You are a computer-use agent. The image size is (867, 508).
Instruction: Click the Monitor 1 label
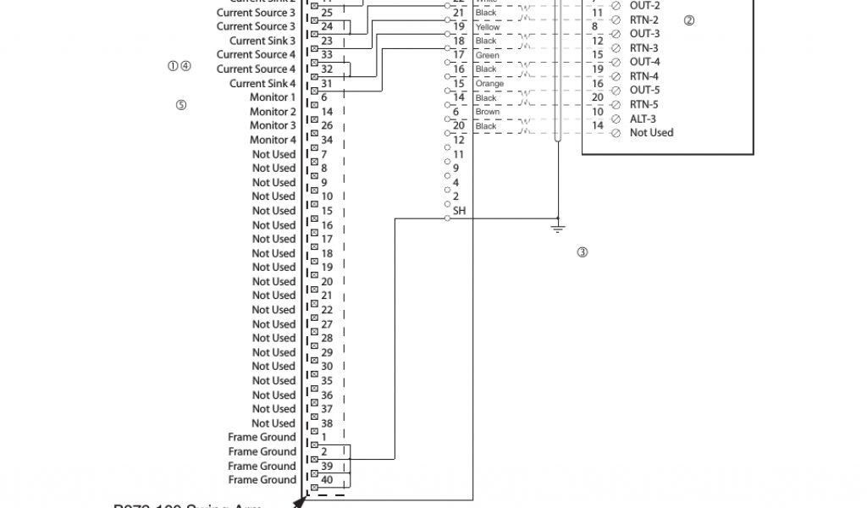point(273,97)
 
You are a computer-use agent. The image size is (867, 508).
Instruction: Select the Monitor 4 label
point(273,140)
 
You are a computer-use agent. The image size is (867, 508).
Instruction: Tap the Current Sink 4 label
point(262,84)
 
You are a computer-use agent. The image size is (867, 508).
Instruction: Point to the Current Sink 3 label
point(262,41)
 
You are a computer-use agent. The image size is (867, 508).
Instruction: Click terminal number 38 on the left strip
point(327,423)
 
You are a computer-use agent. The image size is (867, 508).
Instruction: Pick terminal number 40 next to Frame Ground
point(327,480)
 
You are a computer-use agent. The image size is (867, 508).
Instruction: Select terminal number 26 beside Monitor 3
point(327,125)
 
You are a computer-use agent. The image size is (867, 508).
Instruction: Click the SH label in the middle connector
point(459,211)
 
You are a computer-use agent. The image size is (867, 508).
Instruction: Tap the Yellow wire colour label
point(488,27)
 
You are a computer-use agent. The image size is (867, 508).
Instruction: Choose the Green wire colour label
point(487,56)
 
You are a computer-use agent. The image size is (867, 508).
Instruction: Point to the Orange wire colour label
point(489,84)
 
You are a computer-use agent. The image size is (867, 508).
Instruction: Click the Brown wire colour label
point(488,112)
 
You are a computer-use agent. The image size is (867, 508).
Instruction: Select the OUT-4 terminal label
point(644,62)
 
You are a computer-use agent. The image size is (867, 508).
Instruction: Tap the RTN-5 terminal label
point(644,105)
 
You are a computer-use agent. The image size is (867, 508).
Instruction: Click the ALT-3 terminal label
point(643,119)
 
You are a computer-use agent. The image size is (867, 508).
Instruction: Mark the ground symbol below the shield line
point(557,226)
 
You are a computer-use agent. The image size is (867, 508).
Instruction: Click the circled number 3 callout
point(583,251)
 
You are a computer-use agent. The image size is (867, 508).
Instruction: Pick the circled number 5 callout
point(180,105)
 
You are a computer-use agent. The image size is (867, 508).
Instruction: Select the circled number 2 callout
point(688,20)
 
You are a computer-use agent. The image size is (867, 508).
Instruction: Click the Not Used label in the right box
point(651,133)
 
